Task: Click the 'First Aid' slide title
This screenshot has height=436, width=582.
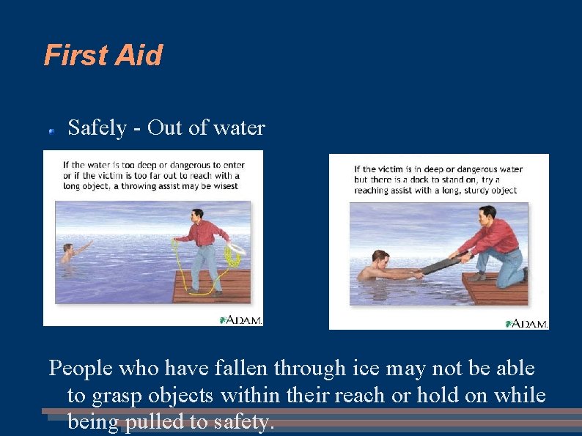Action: point(103,55)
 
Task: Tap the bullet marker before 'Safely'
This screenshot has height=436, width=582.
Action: point(52,131)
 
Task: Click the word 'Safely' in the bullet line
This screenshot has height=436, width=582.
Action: point(97,128)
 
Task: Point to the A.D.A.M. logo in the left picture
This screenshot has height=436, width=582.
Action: point(241,320)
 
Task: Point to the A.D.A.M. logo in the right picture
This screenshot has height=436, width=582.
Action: point(526,324)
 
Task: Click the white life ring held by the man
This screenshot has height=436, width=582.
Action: point(237,248)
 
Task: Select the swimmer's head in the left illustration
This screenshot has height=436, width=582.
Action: point(67,248)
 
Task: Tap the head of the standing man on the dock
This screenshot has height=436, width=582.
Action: point(197,214)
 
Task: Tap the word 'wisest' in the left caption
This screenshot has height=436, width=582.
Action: point(226,186)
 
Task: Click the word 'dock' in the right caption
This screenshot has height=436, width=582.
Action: point(419,180)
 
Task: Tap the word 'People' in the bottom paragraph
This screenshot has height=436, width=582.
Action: point(81,369)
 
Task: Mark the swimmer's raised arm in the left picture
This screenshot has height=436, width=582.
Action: point(83,248)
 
